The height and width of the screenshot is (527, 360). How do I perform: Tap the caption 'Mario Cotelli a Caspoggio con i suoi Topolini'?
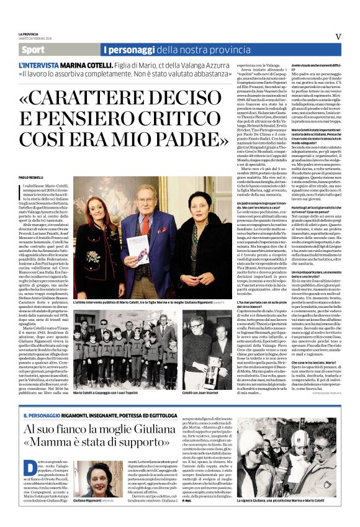[107, 393]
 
